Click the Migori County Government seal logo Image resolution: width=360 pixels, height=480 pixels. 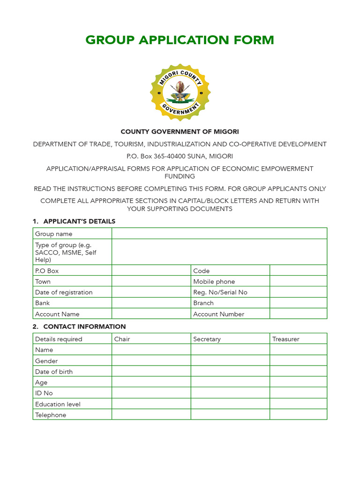tap(180, 92)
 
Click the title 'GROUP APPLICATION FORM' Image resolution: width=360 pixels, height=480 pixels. tap(180, 40)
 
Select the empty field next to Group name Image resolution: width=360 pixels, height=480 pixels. tap(219, 233)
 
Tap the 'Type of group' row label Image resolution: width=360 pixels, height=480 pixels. tap(66, 252)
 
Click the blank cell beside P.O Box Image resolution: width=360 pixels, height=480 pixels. tap(151, 270)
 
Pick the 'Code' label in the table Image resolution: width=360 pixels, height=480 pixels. tap(202, 270)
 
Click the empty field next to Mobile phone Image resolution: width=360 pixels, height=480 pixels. tap(298, 281)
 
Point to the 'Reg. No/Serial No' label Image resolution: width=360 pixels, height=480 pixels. tap(220, 292)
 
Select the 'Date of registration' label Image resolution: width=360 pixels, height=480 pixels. tap(64, 292)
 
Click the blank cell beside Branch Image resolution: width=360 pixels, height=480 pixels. tap(298, 303)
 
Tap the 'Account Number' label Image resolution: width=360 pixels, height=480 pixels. tap(218, 314)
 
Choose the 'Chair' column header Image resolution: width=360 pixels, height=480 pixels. tap(122, 339)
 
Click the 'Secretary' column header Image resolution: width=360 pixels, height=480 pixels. tap(207, 339)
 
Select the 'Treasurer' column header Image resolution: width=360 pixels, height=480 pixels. tap(285, 339)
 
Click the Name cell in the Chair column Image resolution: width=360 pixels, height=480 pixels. tap(151, 350)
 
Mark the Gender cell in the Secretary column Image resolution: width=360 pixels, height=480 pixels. tap(230, 360)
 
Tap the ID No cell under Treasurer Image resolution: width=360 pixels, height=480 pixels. tap(298, 393)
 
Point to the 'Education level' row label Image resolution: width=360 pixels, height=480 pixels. tap(58, 404)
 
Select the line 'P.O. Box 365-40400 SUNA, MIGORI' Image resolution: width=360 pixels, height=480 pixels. tap(180, 156)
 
